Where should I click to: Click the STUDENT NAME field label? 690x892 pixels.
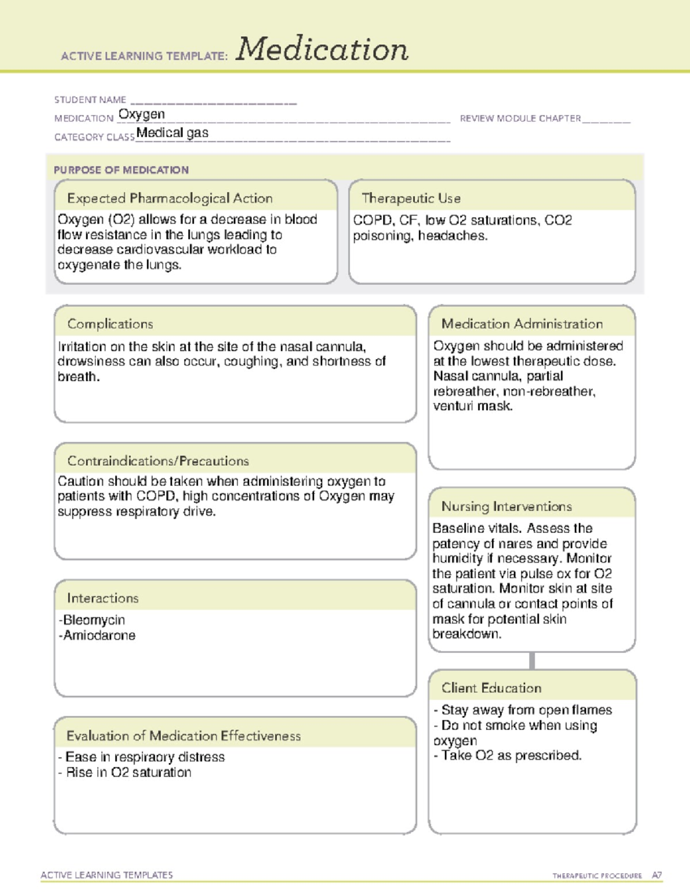tap(90, 100)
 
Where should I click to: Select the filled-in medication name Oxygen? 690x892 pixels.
tap(141, 114)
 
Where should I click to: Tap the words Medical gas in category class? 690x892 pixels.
tap(172, 133)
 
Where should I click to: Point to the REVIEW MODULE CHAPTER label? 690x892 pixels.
tap(520, 118)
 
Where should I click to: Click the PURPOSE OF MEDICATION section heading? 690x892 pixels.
tap(121, 170)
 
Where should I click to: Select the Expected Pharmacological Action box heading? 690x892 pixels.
tap(170, 199)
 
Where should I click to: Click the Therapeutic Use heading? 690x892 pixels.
tap(411, 199)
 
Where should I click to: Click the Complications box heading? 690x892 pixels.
tap(110, 324)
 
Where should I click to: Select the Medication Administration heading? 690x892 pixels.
tap(522, 324)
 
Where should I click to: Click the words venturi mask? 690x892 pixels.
tap(472, 406)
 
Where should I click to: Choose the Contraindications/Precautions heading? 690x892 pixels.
tap(158, 461)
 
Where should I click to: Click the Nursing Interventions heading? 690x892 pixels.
tap(506, 507)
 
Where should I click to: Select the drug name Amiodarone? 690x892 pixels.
tap(99, 635)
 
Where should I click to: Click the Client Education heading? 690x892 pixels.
tap(491, 688)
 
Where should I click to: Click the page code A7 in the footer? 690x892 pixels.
tap(657, 875)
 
